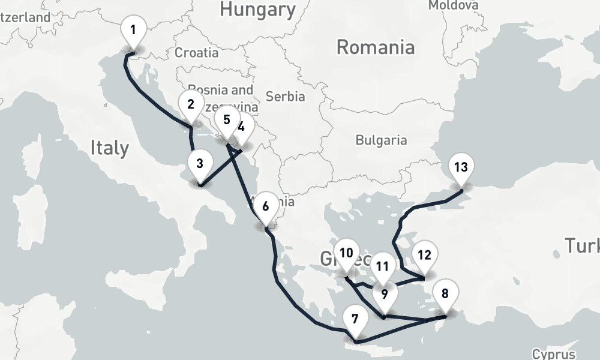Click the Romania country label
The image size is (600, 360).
pos(375,47)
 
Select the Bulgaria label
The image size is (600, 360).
pos(381,140)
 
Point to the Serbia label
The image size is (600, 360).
pos(286,96)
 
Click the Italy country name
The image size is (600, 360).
pos(110,148)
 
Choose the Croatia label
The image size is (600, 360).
pos(196,53)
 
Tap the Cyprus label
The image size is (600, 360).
pos(553,354)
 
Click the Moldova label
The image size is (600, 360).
pos(454,5)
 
